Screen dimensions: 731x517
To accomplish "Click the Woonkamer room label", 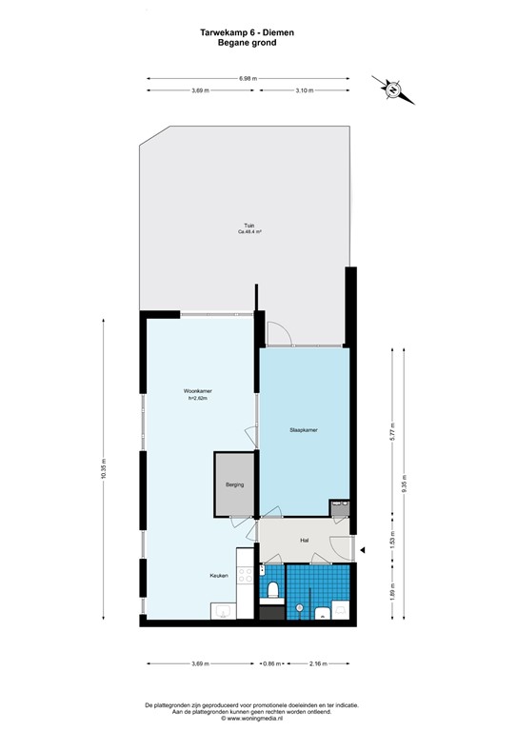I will tap(197, 391).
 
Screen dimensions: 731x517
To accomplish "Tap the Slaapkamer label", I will tap(304, 430).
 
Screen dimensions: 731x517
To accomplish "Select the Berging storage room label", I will tap(234, 485).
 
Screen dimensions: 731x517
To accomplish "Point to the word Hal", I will tap(305, 540).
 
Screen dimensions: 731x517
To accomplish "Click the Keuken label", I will tap(220, 576).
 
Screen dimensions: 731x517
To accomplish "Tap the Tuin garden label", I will tap(249, 226).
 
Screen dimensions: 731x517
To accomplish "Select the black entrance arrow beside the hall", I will tap(362, 548).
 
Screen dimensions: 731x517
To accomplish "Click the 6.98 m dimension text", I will tap(248, 78).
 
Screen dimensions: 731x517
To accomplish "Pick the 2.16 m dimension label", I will tap(317, 662).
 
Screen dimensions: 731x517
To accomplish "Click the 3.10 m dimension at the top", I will tap(304, 90).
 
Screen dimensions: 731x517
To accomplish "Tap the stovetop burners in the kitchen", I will tap(244, 572).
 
